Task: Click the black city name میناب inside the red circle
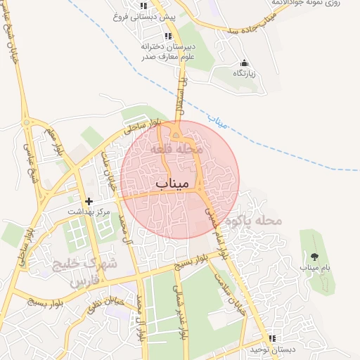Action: point(172,184)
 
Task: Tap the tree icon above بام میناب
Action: point(314,256)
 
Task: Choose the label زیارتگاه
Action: point(245,73)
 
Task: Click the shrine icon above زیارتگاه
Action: point(244,63)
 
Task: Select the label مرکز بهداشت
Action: point(89,212)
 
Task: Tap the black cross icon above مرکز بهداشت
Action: point(89,202)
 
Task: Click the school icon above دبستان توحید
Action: point(272,339)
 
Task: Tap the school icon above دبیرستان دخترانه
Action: point(168,36)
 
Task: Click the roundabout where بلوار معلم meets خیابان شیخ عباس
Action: point(27,124)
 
